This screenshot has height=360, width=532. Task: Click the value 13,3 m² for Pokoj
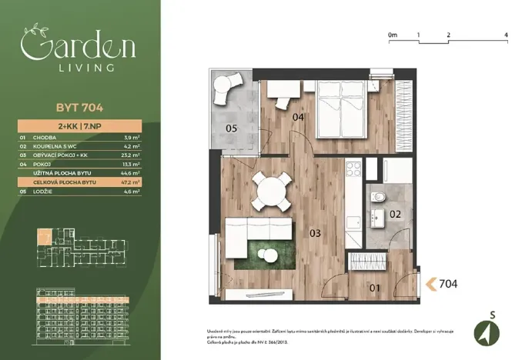point(132,163)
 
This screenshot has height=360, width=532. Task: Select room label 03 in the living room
point(315,232)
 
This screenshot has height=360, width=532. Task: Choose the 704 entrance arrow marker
point(431,284)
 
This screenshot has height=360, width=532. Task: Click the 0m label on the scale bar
point(392,35)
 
